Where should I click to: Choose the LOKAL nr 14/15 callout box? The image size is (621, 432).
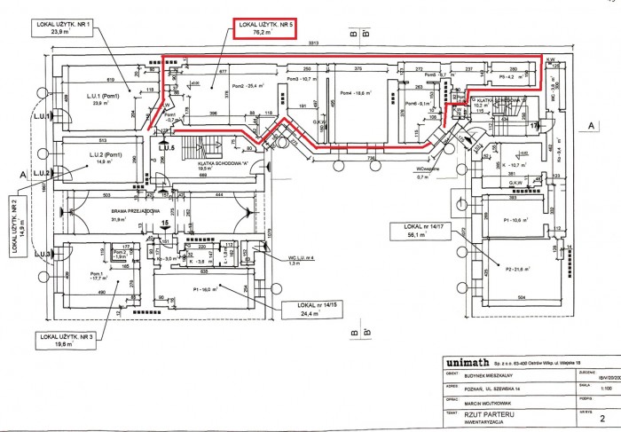tap(310, 309)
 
